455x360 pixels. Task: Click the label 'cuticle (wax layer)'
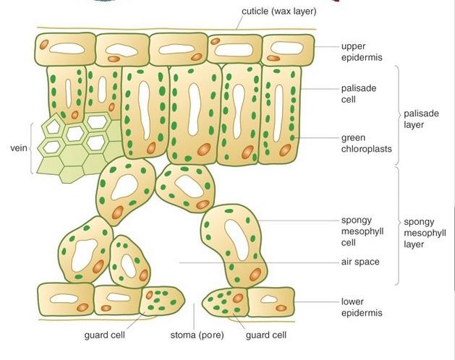click(x=278, y=12)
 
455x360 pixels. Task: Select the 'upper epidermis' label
click(x=362, y=51)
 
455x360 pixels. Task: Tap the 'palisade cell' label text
click(x=359, y=94)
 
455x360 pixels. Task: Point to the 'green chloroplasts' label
click(x=366, y=143)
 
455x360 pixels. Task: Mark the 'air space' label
click(x=360, y=262)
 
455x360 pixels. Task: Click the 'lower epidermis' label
click(x=361, y=307)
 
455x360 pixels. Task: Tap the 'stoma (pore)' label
click(x=197, y=335)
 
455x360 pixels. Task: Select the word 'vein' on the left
click(x=18, y=147)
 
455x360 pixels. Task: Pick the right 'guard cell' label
click(x=265, y=335)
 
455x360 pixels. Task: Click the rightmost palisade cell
click(x=279, y=114)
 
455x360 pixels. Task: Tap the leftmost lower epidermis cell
click(x=65, y=299)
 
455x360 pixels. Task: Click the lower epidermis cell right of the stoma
click(x=271, y=301)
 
